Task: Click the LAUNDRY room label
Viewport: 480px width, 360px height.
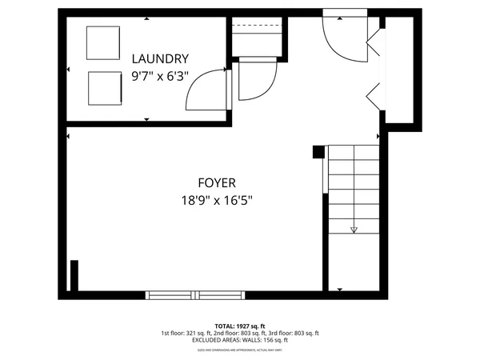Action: pos(160,58)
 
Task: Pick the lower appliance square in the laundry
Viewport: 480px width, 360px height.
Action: pos(103,86)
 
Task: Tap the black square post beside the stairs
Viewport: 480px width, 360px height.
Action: pos(318,150)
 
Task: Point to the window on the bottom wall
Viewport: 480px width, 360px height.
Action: pos(195,295)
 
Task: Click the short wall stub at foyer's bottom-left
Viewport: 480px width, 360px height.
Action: pos(74,276)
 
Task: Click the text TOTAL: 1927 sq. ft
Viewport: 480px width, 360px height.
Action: pos(239,326)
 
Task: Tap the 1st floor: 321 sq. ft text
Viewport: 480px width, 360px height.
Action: pos(188,334)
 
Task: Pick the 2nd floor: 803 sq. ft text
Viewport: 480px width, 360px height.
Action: pos(241,334)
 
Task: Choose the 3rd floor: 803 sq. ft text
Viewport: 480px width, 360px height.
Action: pos(293,334)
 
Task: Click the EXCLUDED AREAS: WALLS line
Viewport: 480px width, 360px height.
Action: pos(239,341)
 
